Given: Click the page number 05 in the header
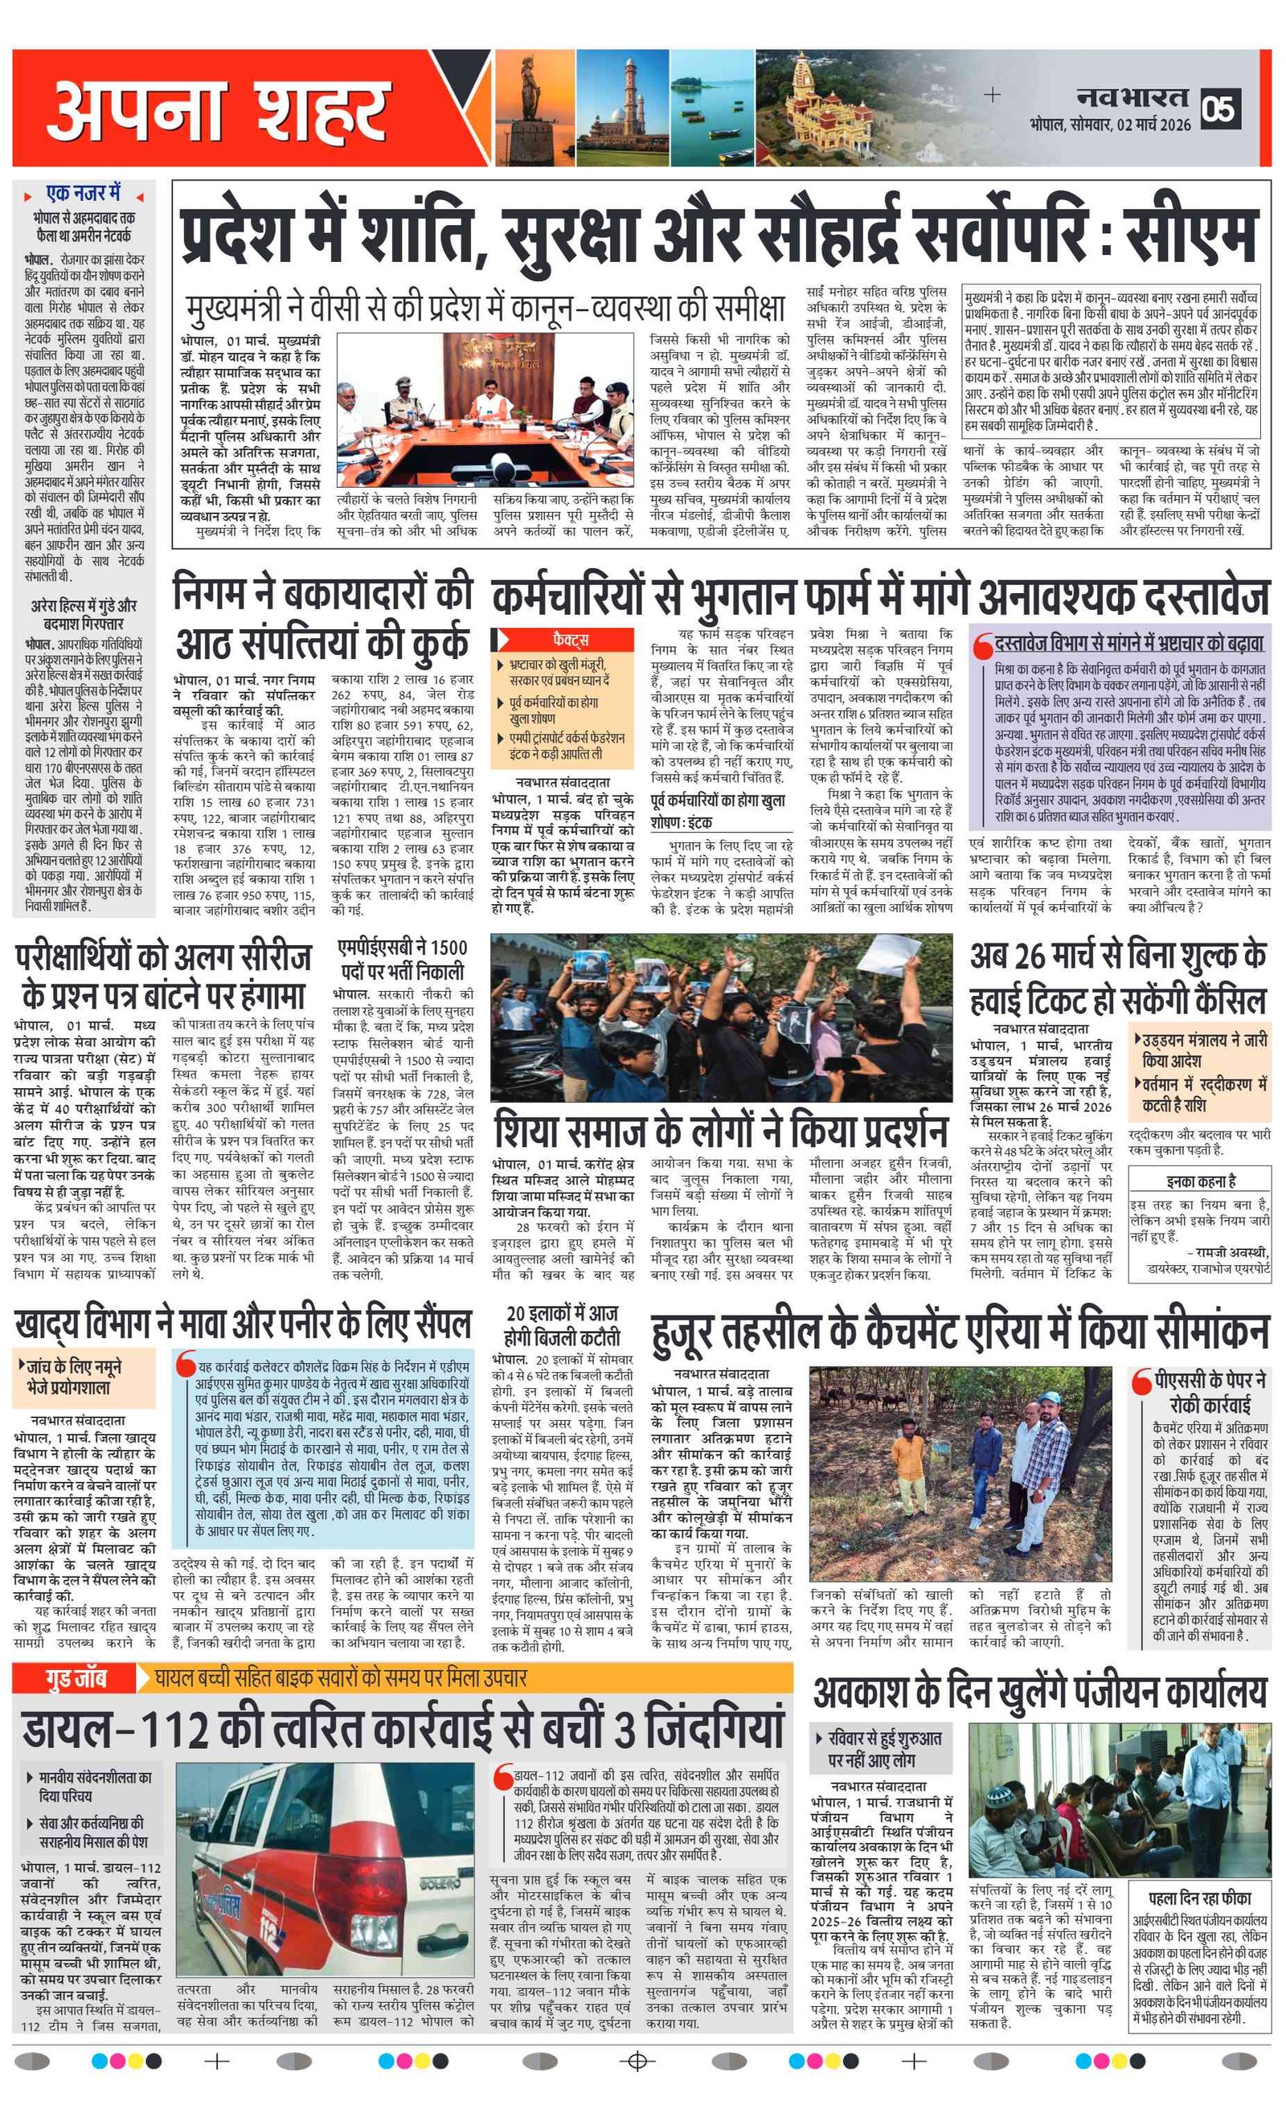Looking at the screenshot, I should [x=1222, y=109].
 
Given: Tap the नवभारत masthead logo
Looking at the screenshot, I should [x=1132, y=97].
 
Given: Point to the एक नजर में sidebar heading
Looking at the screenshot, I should [x=84, y=193].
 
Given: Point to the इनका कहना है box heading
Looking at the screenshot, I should [x=1201, y=1181].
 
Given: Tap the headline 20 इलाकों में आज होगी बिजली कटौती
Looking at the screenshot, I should [x=562, y=1325].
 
